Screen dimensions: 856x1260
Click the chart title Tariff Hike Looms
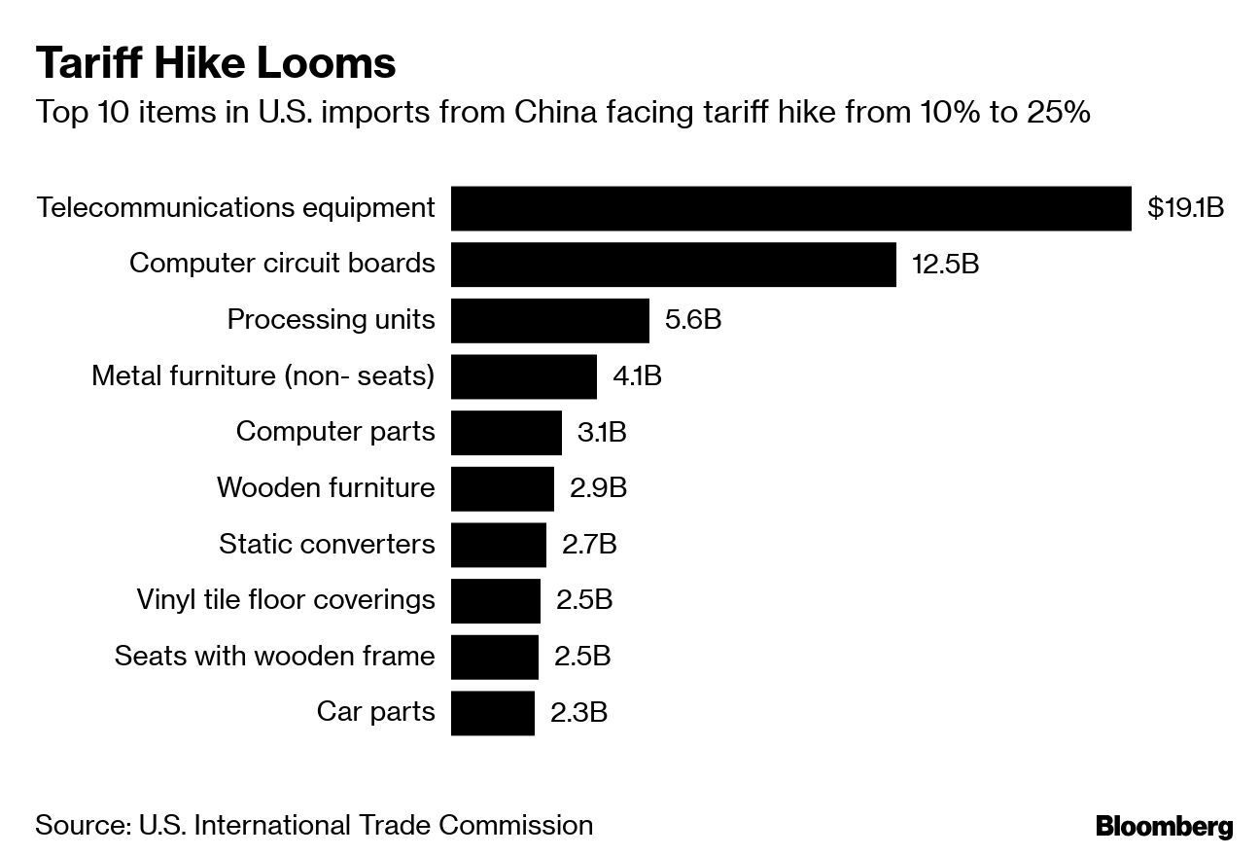[x=216, y=63]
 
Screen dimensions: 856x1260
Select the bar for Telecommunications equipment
[x=790, y=208]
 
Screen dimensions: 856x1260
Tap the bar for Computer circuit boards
[x=673, y=264]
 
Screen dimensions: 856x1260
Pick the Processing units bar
[x=549, y=320]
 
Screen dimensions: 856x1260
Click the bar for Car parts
[x=492, y=712]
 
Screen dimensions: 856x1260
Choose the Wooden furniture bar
[x=502, y=488]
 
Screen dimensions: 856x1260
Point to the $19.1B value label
[x=1185, y=208]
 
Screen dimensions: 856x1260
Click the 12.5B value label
[x=945, y=264]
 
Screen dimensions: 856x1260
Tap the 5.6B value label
[x=692, y=320]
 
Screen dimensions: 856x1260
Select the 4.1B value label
[x=637, y=376]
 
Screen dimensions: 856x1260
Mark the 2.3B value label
[x=578, y=712]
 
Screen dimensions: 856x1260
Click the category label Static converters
[x=327, y=544]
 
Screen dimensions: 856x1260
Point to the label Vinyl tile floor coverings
[x=286, y=600]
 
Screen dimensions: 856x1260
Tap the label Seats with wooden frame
[x=274, y=656]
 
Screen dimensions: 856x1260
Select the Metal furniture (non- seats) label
[x=262, y=376]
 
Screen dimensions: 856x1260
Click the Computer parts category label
[x=335, y=432]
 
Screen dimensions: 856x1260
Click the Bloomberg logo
[x=1164, y=827]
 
